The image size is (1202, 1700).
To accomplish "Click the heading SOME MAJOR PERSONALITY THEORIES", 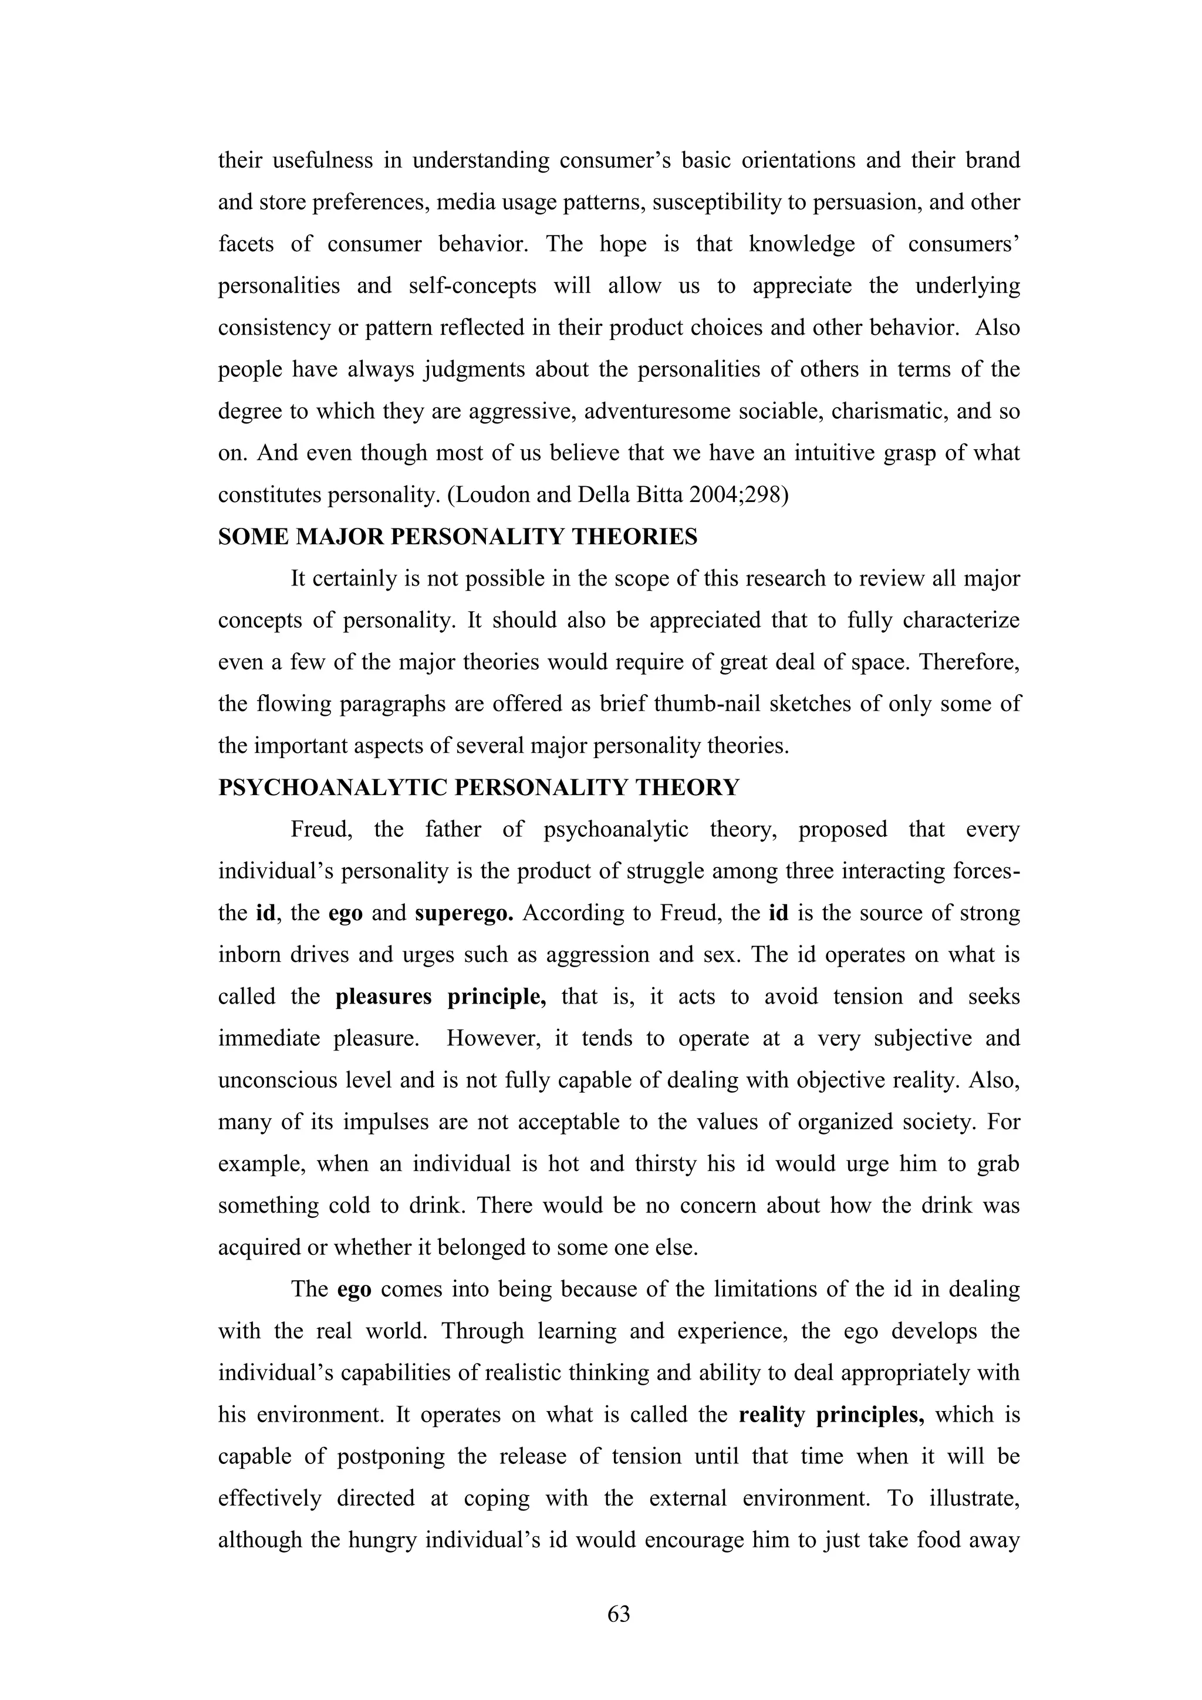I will (x=457, y=537).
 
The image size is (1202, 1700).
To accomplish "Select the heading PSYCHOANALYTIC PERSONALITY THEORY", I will (x=478, y=787).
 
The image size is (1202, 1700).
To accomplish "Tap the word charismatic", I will (x=888, y=411).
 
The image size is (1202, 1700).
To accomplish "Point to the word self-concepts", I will (x=472, y=286).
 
